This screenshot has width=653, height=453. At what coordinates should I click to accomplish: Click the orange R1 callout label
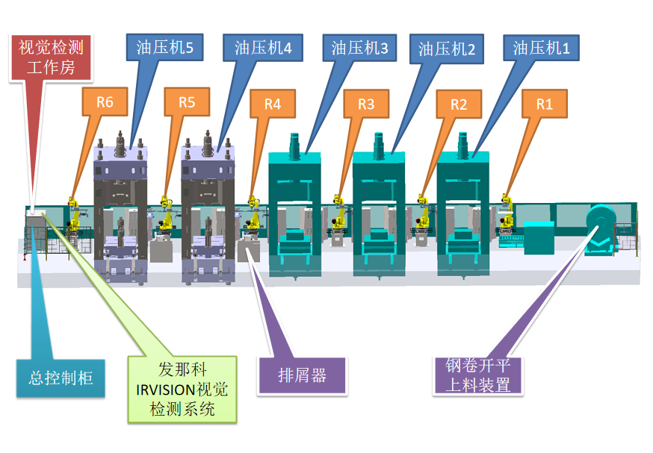(545, 104)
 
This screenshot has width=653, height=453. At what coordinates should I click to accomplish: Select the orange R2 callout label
(459, 104)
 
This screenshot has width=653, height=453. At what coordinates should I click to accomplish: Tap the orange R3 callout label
(365, 104)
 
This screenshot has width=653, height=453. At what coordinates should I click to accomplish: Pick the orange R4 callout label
(273, 104)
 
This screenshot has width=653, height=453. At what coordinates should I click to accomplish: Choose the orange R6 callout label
(105, 102)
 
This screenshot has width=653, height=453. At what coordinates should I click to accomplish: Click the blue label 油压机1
(541, 49)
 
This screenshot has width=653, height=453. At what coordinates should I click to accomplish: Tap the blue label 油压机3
(359, 49)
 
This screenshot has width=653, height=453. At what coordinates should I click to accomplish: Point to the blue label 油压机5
(165, 49)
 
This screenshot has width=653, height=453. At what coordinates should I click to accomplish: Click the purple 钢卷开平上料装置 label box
(477, 375)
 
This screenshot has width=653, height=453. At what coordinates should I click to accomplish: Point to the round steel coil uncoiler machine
(600, 230)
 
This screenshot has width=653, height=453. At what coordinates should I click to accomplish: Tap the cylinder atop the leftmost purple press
(120, 142)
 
